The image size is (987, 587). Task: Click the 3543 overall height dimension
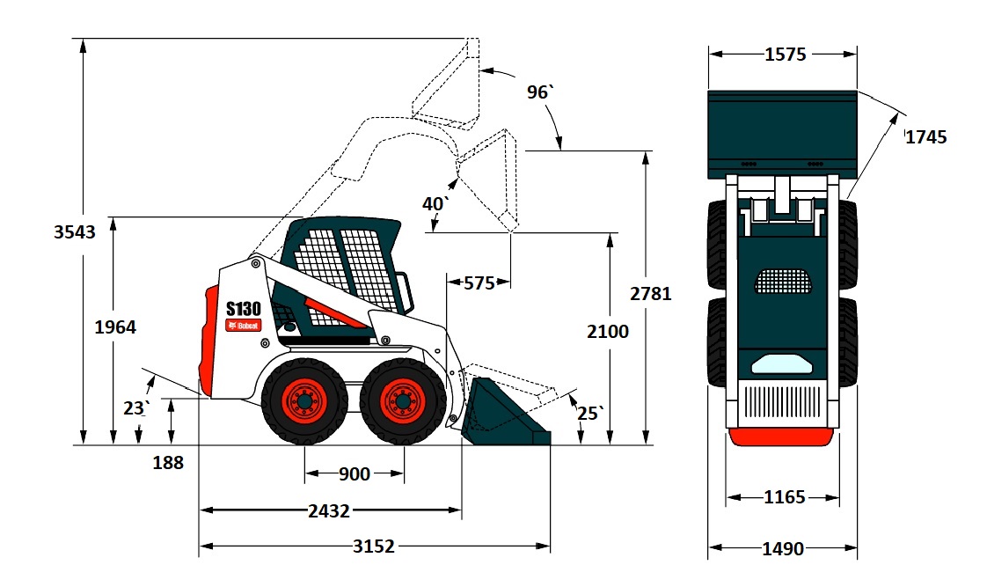[74, 231]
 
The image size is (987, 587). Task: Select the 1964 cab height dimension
[115, 327]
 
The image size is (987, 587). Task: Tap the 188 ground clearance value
[168, 463]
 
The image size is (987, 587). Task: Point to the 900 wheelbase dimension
[355, 473]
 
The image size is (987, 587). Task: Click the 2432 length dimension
[329, 510]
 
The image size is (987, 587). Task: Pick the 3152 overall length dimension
[374, 546]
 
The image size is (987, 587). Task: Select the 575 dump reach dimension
[479, 283]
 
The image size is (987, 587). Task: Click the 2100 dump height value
[608, 331]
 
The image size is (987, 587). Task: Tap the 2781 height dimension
[651, 294]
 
